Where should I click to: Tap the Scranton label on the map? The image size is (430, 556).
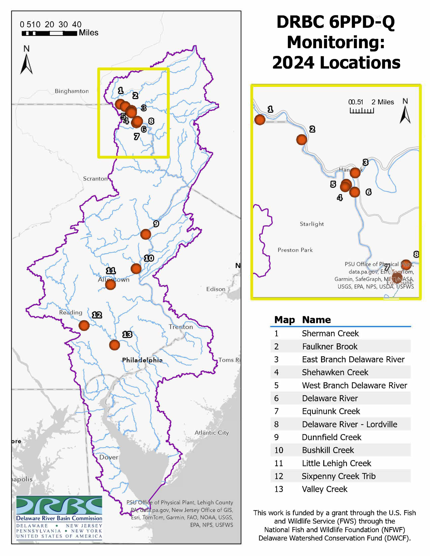click(95, 179)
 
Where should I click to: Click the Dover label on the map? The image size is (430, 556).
click(109, 457)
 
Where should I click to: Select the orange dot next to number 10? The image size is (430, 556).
click(136, 269)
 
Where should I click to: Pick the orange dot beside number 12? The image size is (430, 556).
click(84, 325)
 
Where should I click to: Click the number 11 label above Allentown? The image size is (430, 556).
click(111, 271)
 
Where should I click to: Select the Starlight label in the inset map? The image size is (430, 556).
click(312, 224)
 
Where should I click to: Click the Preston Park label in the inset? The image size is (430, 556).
click(295, 250)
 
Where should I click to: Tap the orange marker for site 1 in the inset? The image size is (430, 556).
click(260, 120)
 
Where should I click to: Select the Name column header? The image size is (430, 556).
click(316, 320)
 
